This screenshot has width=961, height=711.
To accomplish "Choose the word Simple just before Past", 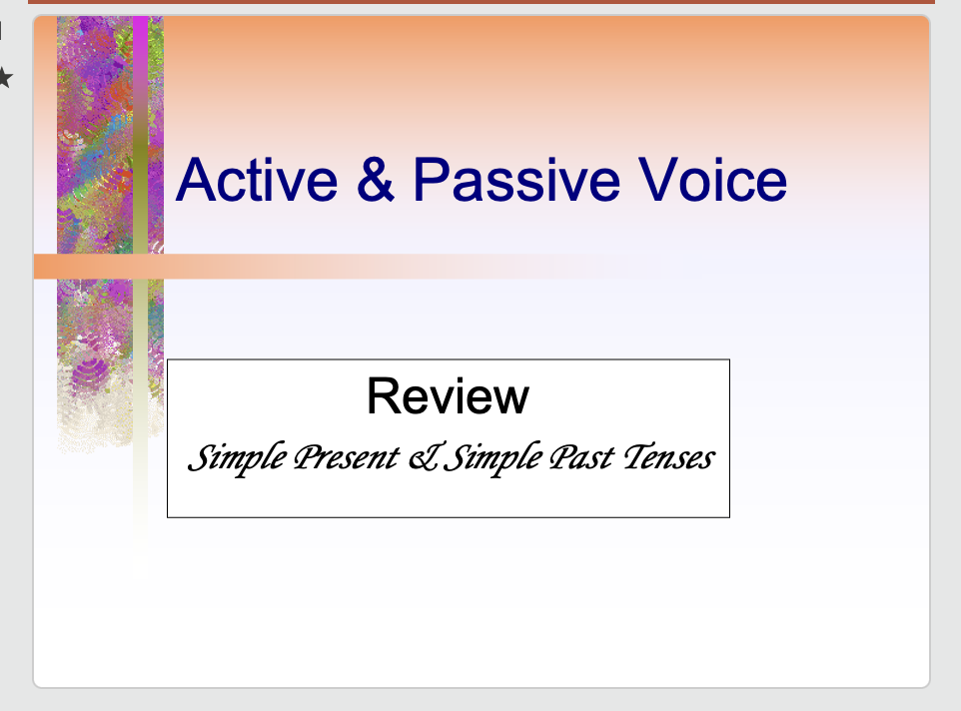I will (x=490, y=458).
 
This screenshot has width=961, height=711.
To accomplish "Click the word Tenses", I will (x=668, y=458).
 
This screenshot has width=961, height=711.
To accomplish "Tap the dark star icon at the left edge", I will (x=4, y=77).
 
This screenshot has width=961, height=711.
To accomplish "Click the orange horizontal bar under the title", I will (x=300, y=267).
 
